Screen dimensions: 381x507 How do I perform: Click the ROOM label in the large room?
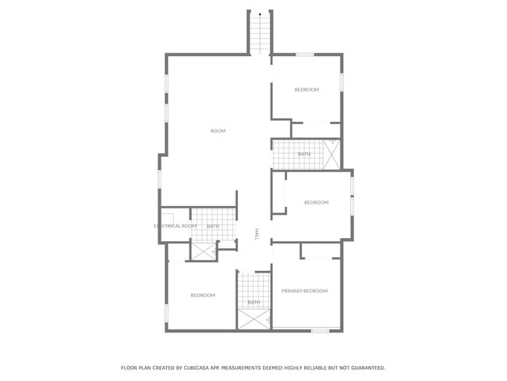[x=218, y=130]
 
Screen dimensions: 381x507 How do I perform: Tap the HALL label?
[x=257, y=233]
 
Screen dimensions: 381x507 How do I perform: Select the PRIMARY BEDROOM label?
[x=304, y=290]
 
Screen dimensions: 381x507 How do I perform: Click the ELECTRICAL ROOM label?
[x=175, y=226]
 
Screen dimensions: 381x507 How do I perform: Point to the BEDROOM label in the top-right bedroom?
[x=306, y=90]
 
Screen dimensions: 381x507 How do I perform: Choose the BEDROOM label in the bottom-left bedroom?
[x=203, y=295]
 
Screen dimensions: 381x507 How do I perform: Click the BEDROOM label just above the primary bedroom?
[x=316, y=202]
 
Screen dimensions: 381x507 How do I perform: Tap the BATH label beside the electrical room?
[x=213, y=226]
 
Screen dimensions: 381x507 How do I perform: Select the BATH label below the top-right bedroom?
[x=303, y=154]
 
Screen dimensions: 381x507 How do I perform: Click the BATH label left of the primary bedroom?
[x=253, y=302]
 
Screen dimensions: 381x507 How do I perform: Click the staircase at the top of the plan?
[x=260, y=35]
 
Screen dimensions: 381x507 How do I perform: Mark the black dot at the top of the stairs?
[x=260, y=14]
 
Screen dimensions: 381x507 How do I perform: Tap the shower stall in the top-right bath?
[x=332, y=154]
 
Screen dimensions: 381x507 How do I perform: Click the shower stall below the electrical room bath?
[x=204, y=251]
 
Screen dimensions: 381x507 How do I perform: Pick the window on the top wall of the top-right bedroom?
[x=304, y=54]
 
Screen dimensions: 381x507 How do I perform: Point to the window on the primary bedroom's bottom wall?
[x=320, y=331]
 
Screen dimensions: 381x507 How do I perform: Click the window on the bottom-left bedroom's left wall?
[x=166, y=313]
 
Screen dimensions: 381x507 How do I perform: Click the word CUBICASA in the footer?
[x=198, y=367]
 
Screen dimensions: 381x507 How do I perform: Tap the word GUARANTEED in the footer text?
[x=364, y=367]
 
